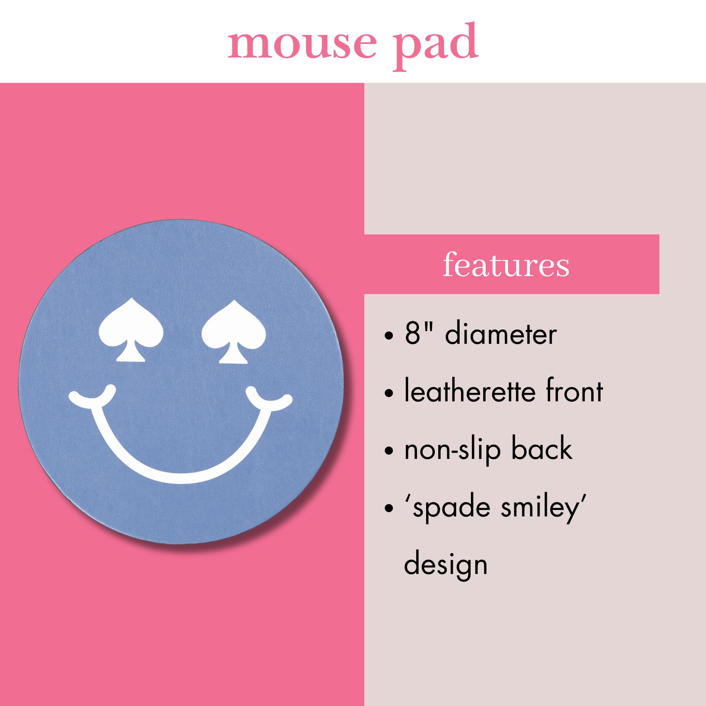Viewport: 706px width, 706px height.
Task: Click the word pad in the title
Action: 436,46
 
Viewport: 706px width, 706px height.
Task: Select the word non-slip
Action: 452,449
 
